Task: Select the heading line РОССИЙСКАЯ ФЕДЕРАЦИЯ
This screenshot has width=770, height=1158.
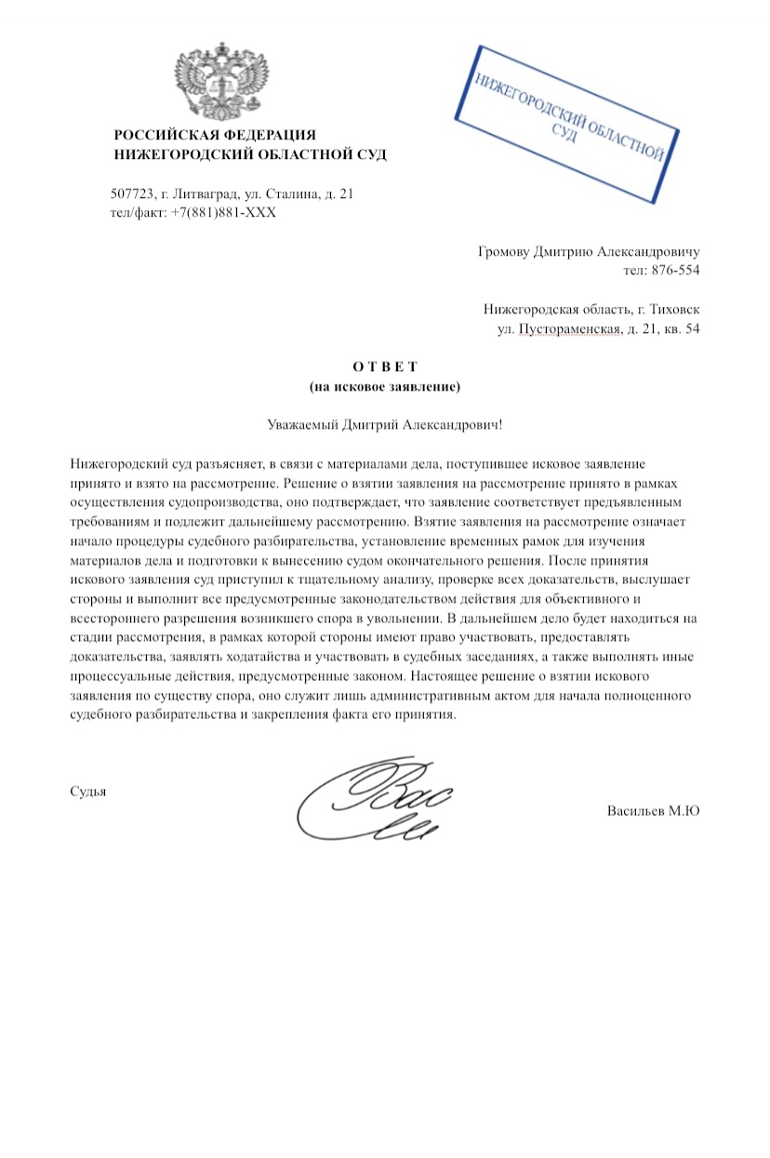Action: click(215, 136)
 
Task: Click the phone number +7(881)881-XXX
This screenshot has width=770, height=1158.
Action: click(223, 213)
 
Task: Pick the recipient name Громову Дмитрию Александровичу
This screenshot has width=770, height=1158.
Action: click(588, 252)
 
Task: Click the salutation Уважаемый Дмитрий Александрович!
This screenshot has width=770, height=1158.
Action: click(384, 425)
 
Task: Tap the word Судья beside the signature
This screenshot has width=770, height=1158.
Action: click(88, 792)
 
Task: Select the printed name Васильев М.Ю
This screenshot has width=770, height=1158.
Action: click(653, 811)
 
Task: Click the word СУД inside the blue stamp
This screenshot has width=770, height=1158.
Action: click(564, 133)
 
